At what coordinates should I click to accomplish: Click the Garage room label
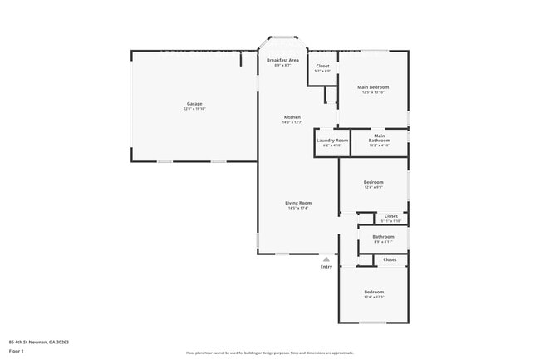(194, 104)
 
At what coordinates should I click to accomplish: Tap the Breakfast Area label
(282, 61)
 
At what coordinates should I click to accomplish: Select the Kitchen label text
(292, 117)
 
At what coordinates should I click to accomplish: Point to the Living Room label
(298, 203)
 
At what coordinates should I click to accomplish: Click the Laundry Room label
(331, 141)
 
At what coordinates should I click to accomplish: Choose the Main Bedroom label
(373, 87)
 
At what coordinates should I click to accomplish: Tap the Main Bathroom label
(379, 138)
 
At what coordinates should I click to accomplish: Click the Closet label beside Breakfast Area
(322, 66)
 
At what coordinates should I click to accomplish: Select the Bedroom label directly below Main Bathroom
(373, 182)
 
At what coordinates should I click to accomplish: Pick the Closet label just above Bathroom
(390, 216)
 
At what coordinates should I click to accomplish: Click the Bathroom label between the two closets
(383, 237)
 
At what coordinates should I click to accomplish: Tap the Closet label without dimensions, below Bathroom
(390, 259)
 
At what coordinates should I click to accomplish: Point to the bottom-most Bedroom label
(373, 292)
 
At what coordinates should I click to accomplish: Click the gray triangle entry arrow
(326, 259)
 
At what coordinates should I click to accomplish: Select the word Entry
(326, 266)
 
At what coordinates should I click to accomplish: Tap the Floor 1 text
(17, 351)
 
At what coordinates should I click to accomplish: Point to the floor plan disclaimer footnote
(269, 353)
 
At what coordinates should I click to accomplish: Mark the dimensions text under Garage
(194, 109)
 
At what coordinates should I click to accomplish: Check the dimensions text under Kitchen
(292, 122)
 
